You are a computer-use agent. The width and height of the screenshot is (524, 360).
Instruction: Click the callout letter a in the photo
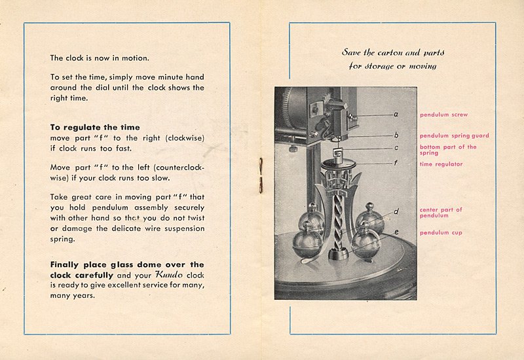(x=396, y=114)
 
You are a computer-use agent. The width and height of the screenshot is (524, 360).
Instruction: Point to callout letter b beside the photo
(x=396, y=135)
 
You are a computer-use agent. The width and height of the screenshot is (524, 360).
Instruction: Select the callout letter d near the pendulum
(x=396, y=211)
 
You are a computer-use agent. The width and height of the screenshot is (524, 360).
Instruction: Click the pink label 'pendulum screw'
(x=443, y=115)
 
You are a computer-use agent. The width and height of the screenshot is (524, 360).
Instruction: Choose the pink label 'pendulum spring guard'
(x=454, y=135)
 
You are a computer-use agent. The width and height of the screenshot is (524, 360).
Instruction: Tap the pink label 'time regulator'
(x=441, y=164)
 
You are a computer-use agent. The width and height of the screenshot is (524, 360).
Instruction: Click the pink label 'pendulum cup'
(x=440, y=232)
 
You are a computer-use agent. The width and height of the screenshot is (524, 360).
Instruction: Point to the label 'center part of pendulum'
(x=440, y=212)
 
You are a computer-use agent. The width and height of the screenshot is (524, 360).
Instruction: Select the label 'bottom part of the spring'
(x=448, y=149)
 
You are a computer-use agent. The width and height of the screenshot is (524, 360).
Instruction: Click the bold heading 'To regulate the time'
(x=94, y=127)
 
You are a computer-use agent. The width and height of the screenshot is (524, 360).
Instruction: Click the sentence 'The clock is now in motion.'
(x=100, y=58)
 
